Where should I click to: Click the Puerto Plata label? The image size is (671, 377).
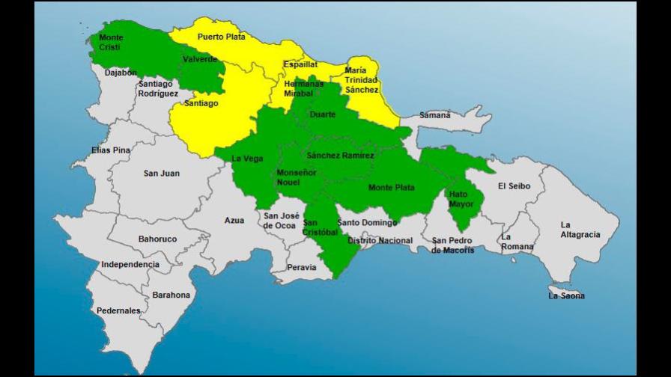[x=221, y=37]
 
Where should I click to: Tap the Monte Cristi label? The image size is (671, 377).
[x=112, y=43]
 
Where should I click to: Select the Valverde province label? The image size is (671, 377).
[x=200, y=59]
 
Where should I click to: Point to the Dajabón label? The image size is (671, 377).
[x=121, y=73]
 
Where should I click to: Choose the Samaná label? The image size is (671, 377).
[x=435, y=115]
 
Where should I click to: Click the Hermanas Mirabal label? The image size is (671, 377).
[x=303, y=88]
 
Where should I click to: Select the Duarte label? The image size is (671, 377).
[x=322, y=115]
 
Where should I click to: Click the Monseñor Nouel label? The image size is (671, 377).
[x=294, y=177]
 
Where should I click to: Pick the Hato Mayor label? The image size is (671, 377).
[x=458, y=199]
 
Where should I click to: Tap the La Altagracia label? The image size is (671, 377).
[x=580, y=230]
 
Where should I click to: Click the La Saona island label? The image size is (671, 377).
[x=566, y=295]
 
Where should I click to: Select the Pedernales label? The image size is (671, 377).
[x=118, y=310]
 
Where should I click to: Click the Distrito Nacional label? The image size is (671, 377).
[x=380, y=240]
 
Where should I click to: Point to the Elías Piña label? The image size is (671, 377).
[x=111, y=150]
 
